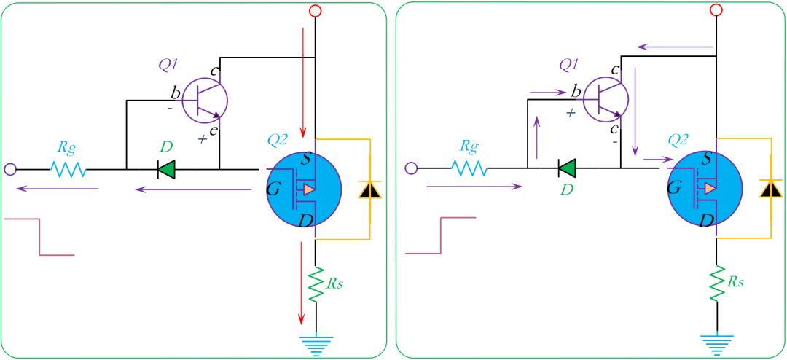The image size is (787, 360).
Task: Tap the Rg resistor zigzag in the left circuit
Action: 68,169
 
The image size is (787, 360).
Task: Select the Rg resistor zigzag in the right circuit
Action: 469,169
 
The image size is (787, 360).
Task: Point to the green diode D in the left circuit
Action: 166,170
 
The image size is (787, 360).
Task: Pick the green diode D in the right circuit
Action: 567,170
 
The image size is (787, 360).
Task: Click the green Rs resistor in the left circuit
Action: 316,285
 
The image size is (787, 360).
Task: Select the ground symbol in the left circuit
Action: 316,343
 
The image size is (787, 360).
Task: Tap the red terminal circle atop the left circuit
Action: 315,10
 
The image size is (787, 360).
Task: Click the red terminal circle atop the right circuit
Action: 716,10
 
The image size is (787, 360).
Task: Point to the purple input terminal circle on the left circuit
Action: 10,169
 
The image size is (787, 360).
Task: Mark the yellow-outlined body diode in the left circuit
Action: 370,189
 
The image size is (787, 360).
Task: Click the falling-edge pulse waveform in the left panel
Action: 39,236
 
